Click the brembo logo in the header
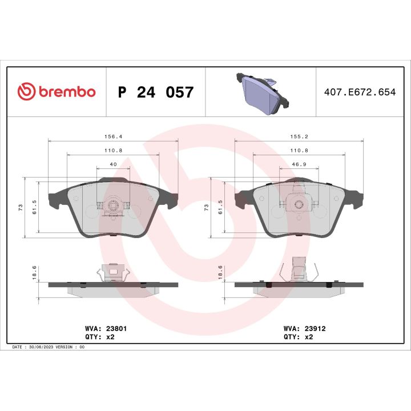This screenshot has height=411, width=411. [x=56, y=91]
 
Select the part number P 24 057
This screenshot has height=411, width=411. [x=155, y=92]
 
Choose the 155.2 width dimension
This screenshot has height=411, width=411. [x=299, y=136]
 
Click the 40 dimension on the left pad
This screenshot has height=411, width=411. [x=112, y=164]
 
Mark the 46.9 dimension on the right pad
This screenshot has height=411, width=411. [x=299, y=164]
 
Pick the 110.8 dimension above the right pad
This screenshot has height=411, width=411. [x=299, y=150]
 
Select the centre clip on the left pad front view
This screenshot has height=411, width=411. [x=112, y=208]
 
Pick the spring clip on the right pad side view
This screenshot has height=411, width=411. [x=299, y=269]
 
